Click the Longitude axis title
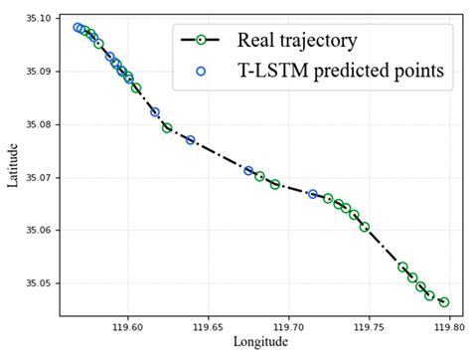tap(260, 342)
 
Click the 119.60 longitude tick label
tap(128, 324)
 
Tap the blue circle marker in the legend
tap(201, 71)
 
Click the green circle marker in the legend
tap(201, 41)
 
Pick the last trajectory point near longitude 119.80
tap(444, 302)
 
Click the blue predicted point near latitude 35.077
tap(190, 140)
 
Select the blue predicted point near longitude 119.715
tap(313, 194)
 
